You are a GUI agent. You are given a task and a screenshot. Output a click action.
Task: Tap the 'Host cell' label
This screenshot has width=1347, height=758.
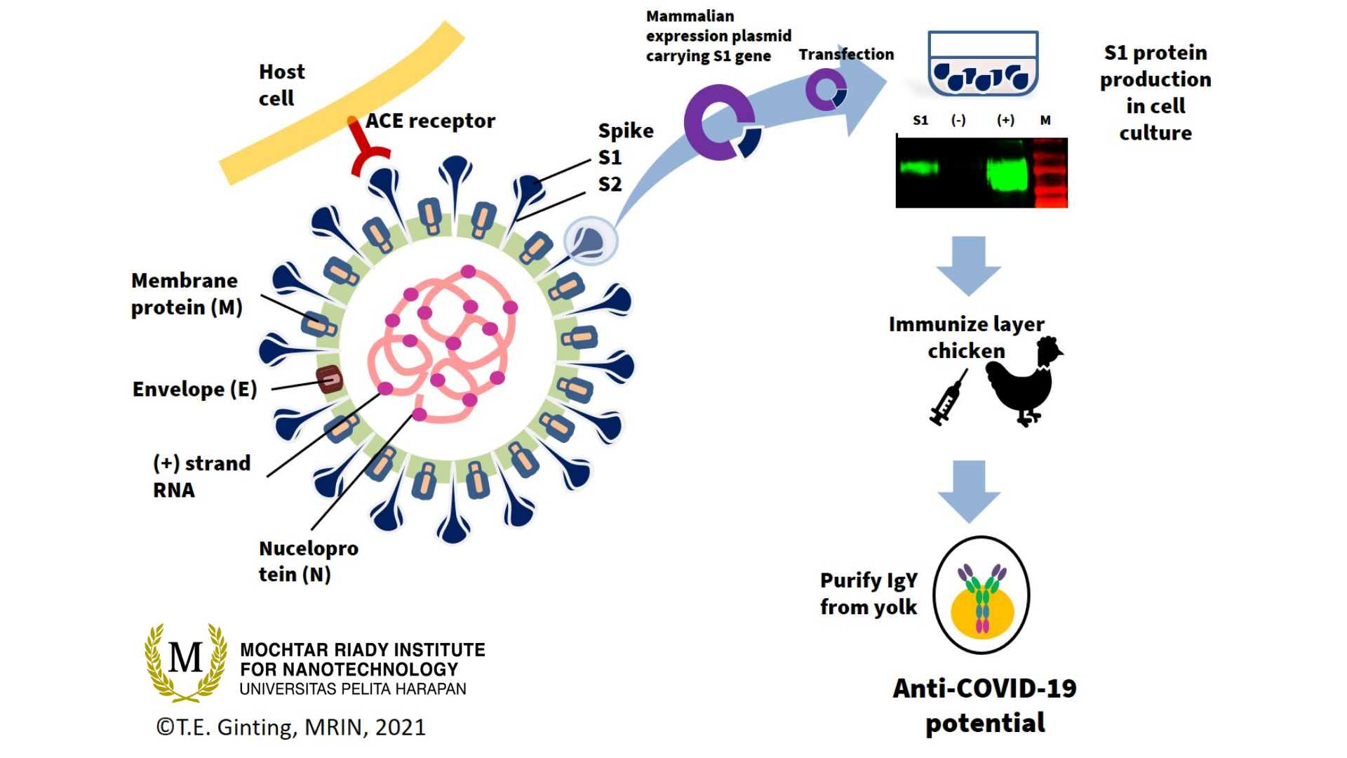click(281, 85)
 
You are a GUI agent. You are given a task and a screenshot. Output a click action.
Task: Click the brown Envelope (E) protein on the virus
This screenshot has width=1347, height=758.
click(329, 379)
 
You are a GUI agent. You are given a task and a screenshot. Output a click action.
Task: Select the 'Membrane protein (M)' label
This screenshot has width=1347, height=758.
click(187, 294)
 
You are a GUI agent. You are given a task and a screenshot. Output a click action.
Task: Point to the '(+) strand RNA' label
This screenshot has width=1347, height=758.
click(201, 477)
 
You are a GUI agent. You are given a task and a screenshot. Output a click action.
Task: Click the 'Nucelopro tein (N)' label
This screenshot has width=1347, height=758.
click(308, 561)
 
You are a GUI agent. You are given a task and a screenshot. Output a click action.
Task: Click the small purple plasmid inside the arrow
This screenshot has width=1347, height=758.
click(826, 91)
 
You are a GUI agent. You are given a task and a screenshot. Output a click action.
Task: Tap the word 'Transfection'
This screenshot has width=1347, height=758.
click(846, 54)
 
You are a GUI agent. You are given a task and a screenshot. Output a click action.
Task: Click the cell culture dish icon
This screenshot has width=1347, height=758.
click(983, 64)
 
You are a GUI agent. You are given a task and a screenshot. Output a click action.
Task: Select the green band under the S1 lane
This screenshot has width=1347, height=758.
click(919, 168)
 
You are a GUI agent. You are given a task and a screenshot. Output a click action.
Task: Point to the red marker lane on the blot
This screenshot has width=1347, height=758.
click(1050, 173)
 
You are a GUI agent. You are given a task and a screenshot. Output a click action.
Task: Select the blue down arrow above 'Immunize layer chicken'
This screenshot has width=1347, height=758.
click(968, 266)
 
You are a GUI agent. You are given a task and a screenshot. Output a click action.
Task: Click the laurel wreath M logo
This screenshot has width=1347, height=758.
click(186, 662)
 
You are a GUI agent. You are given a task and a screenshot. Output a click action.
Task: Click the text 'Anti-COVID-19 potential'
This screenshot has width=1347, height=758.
click(984, 705)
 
